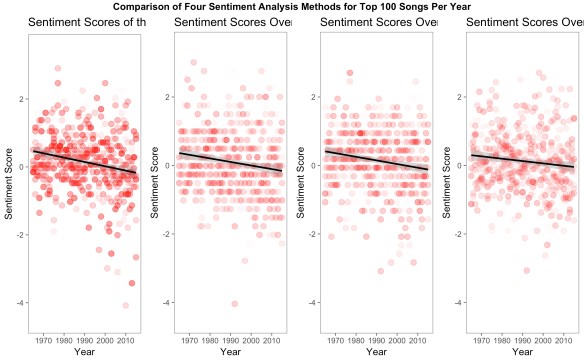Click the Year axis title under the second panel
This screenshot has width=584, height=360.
[x=230, y=352]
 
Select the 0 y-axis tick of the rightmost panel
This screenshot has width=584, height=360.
[x=459, y=167]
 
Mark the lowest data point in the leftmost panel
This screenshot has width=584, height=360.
[x=126, y=305]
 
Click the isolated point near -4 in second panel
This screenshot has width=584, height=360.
[x=234, y=303]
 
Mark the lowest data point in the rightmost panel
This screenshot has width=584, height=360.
[x=527, y=270]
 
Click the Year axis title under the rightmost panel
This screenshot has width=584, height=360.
[x=521, y=352]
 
